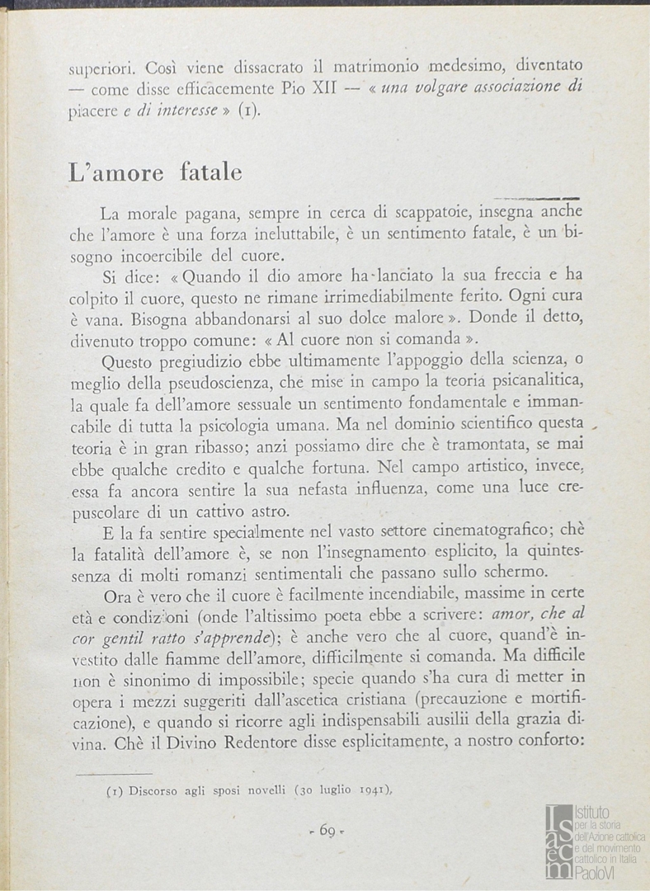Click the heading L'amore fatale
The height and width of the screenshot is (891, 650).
[155, 172]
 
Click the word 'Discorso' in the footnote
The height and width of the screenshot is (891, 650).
[158, 790]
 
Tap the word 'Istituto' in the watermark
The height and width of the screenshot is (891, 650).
[591, 813]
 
